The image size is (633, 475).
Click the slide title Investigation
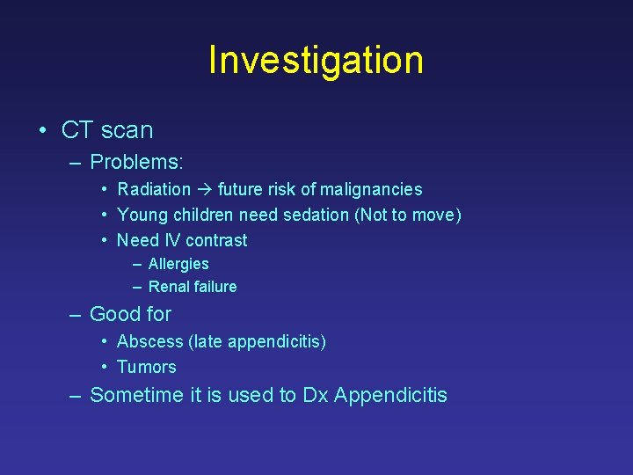click(x=316, y=61)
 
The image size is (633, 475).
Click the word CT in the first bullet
click(x=76, y=130)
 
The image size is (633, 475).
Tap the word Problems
click(x=136, y=162)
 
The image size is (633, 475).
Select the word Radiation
click(x=154, y=189)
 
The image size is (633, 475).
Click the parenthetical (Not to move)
click(x=408, y=215)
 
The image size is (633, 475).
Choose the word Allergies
click(x=178, y=264)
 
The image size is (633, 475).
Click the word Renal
click(x=168, y=287)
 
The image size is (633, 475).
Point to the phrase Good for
click(x=131, y=314)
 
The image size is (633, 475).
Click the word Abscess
click(x=149, y=341)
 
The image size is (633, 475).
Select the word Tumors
click(x=147, y=367)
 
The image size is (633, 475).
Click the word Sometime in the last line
click(x=136, y=396)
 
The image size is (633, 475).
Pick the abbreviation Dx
click(x=315, y=396)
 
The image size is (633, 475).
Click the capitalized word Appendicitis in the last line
click(x=390, y=396)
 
